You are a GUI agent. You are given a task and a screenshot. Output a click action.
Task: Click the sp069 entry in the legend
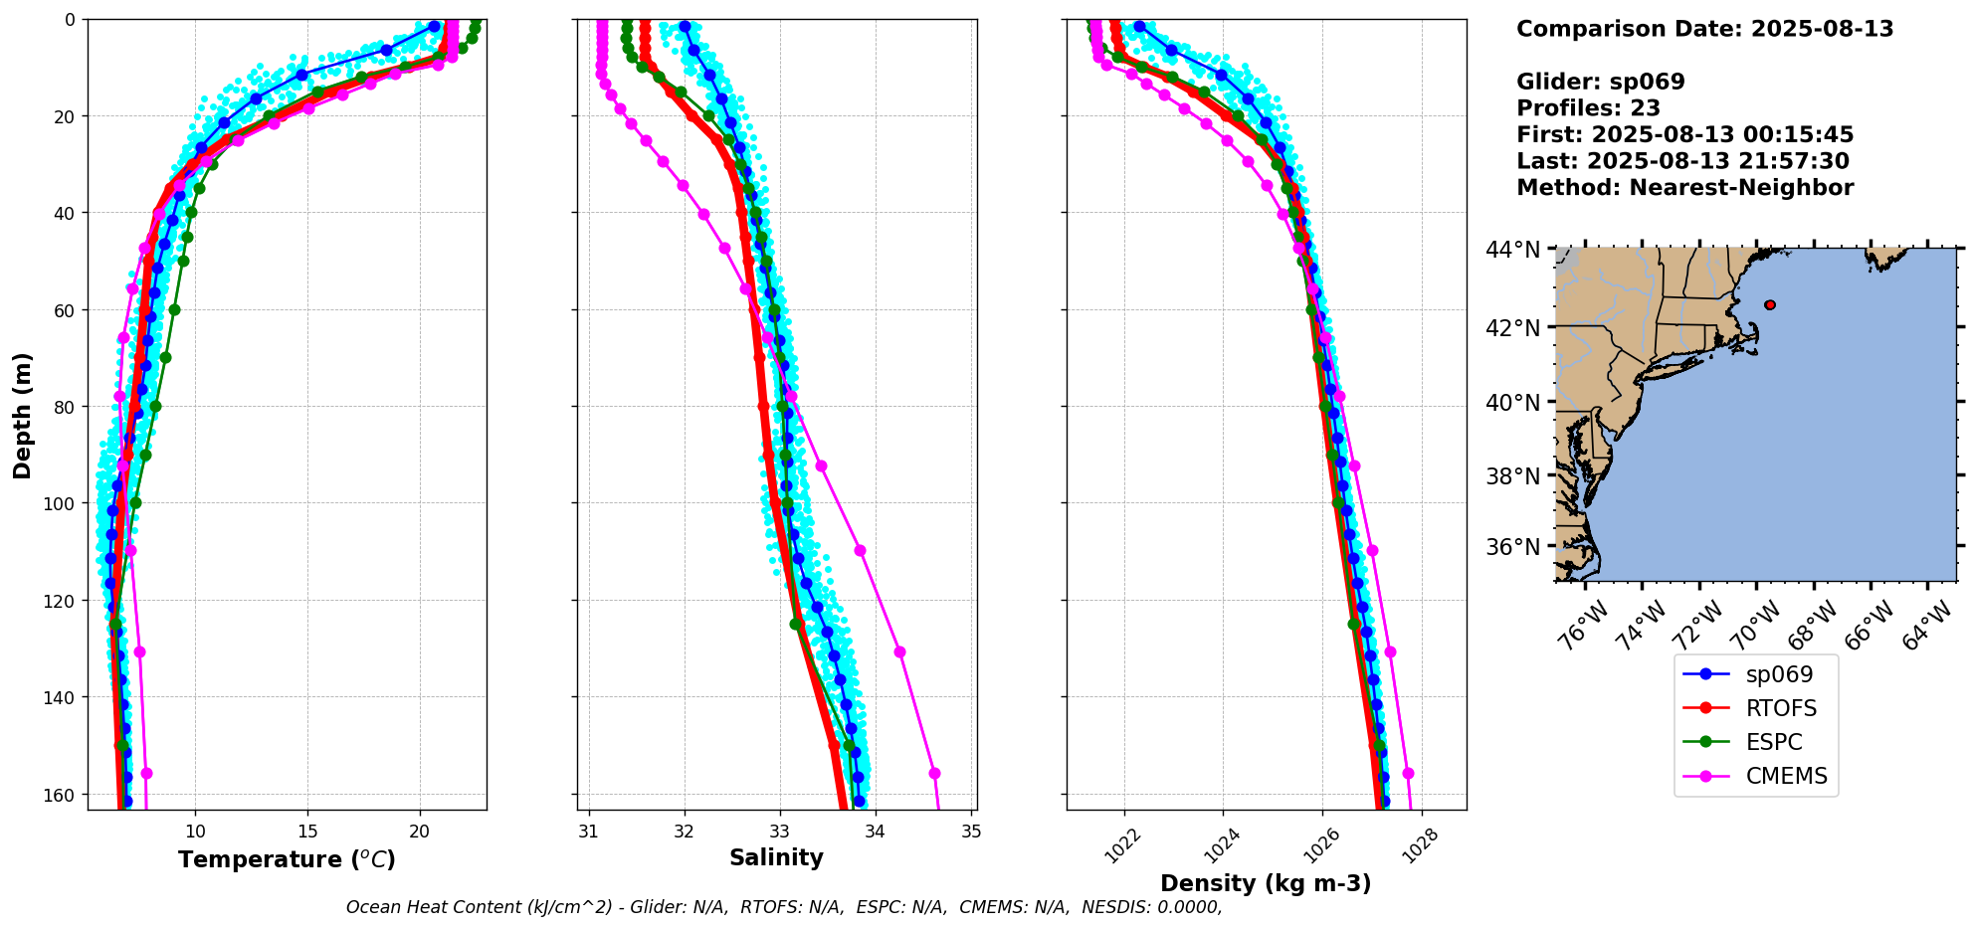click(1778, 674)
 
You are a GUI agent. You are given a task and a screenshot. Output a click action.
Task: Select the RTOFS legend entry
click(1780, 708)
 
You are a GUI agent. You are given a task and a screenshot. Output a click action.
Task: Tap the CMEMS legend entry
click(1786, 776)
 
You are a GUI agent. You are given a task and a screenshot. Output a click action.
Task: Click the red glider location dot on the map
click(1770, 305)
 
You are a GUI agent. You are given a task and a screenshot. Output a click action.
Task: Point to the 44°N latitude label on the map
click(1512, 250)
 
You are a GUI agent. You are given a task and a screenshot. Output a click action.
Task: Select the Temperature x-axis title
click(287, 859)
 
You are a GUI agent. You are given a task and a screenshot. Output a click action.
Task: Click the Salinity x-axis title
click(776, 858)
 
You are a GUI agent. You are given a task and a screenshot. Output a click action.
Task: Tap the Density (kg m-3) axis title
click(1266, 883)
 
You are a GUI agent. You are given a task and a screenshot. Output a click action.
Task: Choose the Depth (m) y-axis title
click(22, 415)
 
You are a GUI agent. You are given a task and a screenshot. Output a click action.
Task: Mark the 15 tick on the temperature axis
click(307, 832)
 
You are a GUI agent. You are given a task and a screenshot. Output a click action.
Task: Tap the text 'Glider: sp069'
click(1600, 83)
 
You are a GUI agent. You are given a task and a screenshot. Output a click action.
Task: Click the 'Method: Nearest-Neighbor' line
click(1684, 188)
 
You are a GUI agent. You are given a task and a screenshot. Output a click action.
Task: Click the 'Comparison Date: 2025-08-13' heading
click(1704, 29)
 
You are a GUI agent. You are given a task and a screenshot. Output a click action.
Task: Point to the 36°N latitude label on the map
click(1512, 547)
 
